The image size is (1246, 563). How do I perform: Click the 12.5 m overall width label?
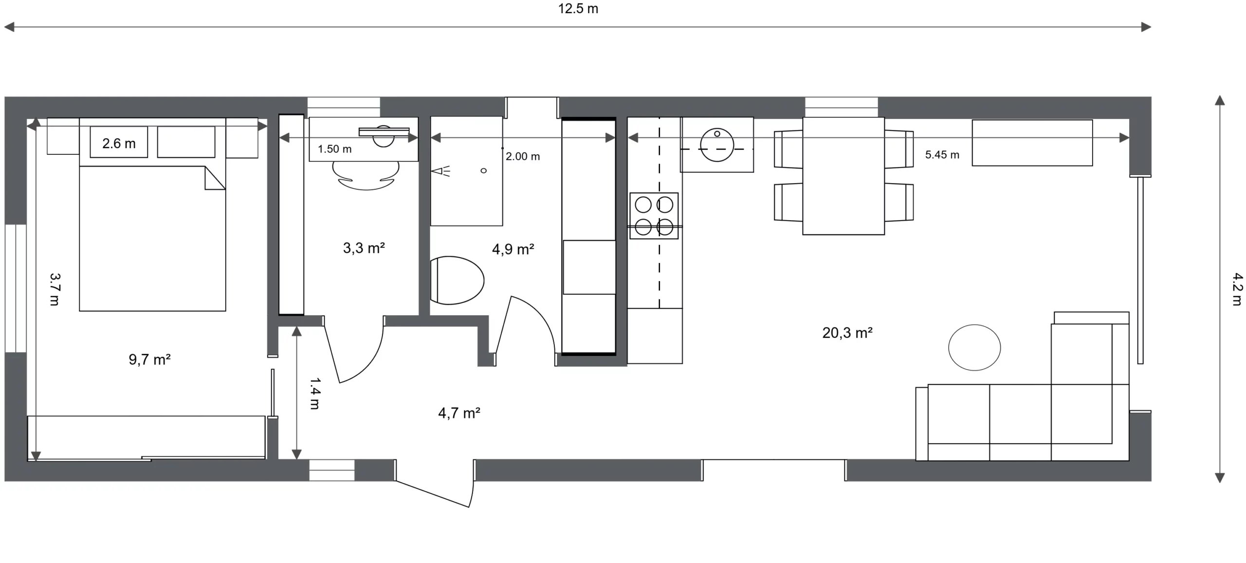[x=578, y=9]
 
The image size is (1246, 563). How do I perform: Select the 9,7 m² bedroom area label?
[x=149, y=359]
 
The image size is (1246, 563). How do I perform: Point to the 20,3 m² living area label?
[x=847, y=333]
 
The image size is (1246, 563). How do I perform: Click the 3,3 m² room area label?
[x=364, y=248]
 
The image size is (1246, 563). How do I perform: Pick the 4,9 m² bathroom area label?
[x=513, y=249]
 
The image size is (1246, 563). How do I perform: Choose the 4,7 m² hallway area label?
[x=459, y=413]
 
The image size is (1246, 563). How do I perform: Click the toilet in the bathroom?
[x=457, y=281]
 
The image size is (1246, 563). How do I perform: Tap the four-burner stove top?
[x=654, y=216]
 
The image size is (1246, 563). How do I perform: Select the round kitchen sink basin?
[x=717, y=145]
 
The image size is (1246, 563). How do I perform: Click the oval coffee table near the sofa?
[x=974, y=348]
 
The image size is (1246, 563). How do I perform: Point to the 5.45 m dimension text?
[x=942, y=155]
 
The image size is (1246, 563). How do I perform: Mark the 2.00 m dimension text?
[x=523, y=156]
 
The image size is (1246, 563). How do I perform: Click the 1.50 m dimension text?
[x=334, y=149]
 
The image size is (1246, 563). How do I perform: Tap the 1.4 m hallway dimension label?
[x=315, y=393]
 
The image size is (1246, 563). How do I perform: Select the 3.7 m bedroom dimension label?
[x=55, y=289]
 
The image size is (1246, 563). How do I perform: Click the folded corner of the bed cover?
[x=215, y=178]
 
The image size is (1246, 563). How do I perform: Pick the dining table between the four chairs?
[x=843, y=176]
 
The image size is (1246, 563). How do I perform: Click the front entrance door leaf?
[x=433, y=494]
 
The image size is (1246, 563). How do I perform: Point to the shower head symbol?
[x=441, y=171]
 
